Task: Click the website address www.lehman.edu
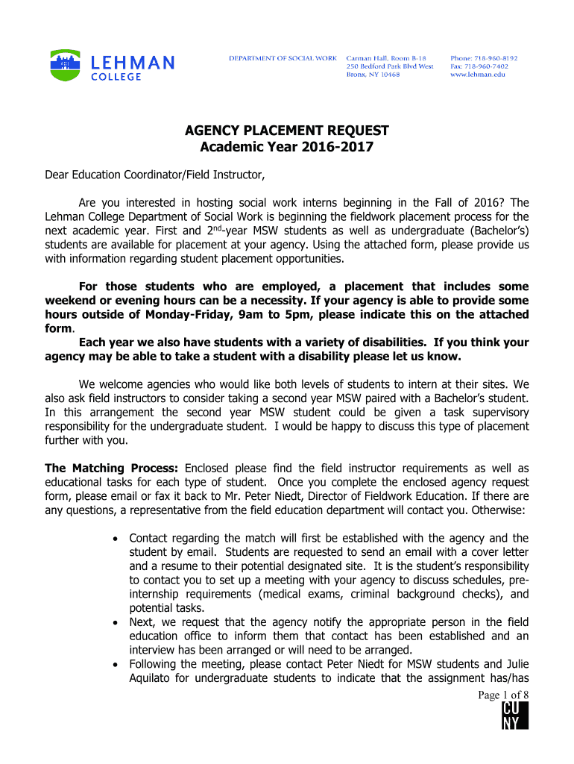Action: click(x=478, y=75)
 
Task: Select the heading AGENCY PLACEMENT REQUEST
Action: click(x=286, y=132)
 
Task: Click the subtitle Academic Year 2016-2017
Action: click(x=286, y=148)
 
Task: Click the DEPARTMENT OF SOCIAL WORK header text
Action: click(x=283, y=58)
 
